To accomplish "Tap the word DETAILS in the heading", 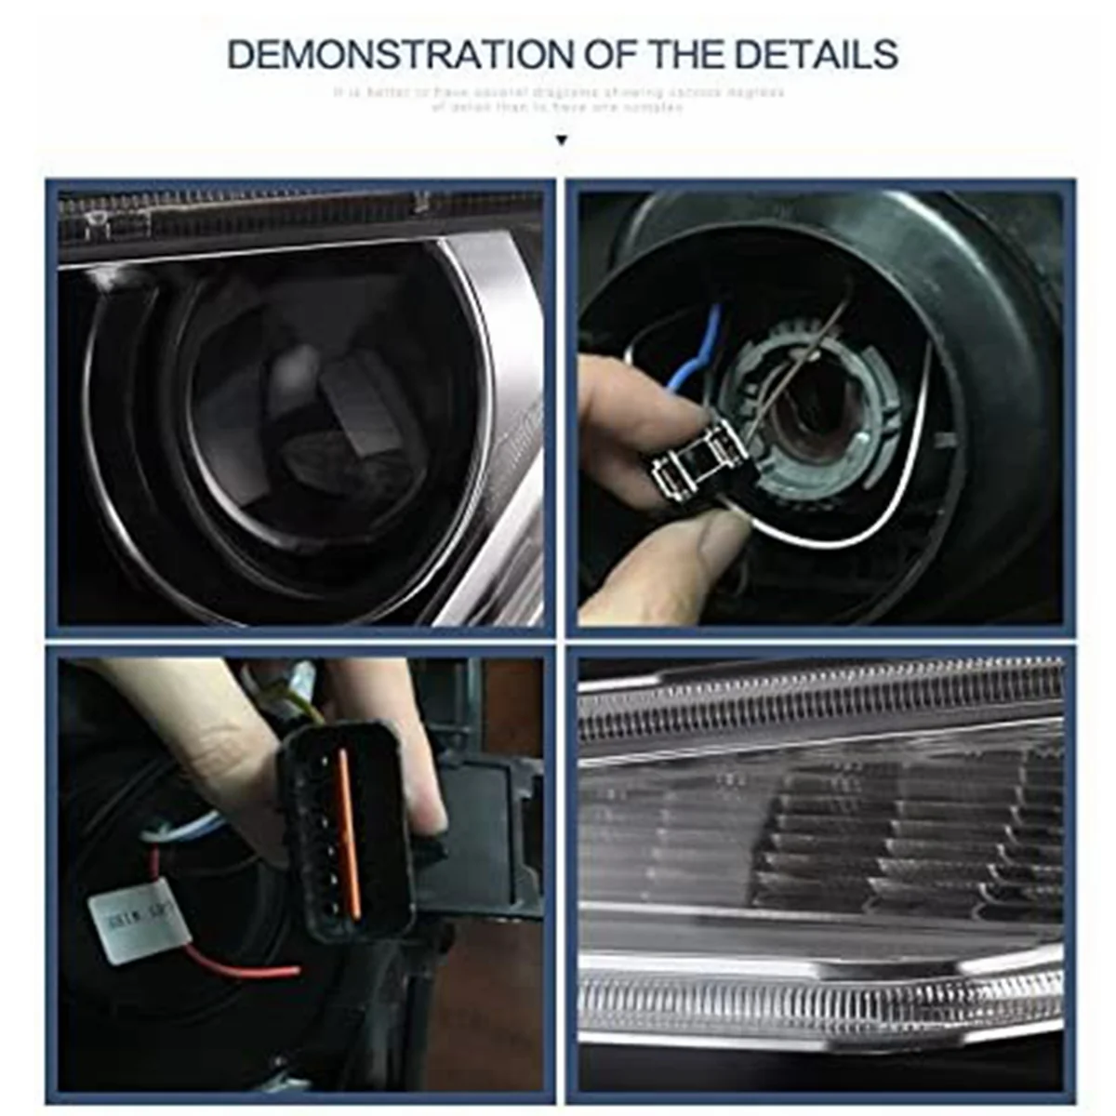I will pos(816,55).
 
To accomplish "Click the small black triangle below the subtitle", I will pos(560,141).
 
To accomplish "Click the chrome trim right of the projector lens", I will pos(502,372).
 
